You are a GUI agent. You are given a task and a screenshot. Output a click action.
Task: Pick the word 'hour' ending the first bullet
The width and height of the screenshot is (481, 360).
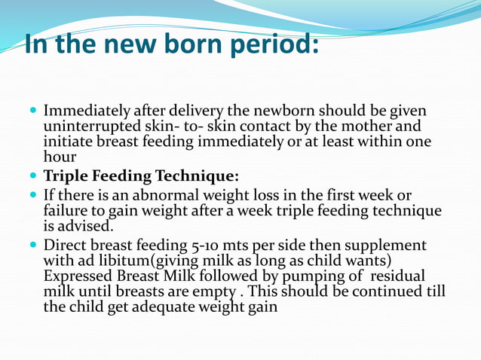click(60, 157)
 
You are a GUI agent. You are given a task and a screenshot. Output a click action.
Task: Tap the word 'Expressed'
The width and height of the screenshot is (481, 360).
click(78, 276)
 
